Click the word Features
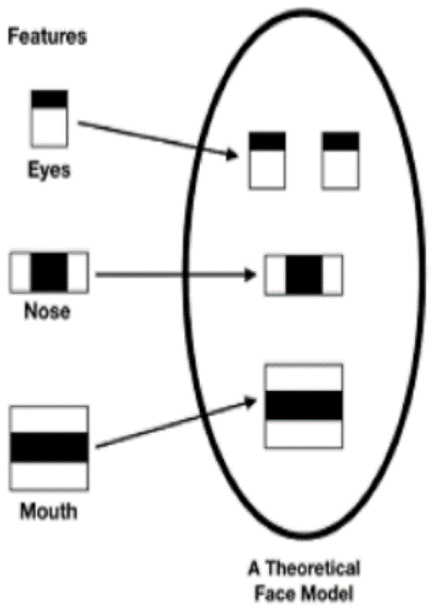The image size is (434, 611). coord(47,37)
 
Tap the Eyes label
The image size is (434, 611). coord(49,170)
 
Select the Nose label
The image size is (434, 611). coord(48,311)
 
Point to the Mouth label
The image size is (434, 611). coord(48,512)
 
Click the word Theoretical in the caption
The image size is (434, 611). coord(313,569)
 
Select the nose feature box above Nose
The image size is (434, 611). coord(49,272)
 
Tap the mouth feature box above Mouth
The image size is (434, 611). coord(49,448)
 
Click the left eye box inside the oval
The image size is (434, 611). coord(267,160)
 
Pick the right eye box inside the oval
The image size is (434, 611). coord(340,160)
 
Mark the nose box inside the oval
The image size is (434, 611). coord(304,275)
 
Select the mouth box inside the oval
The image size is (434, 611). coord(304,406)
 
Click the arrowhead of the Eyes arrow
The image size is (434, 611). coord(233,154)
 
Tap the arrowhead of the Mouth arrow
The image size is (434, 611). coord(251,402)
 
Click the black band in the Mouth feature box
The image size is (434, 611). coord(49,447)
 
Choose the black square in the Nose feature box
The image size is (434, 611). coord(49,272)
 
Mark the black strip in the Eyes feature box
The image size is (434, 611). coord(49,99)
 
